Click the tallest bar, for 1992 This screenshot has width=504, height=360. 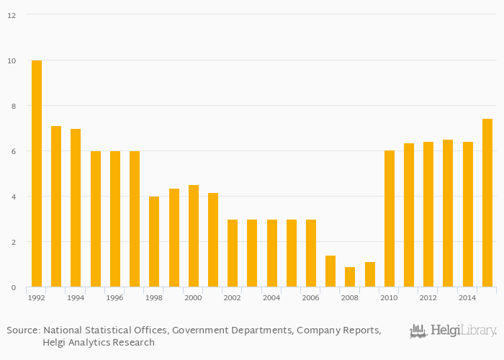coord(37,174)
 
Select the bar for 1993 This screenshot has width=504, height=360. coord(56,207)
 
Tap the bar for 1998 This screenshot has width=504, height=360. coord(154,242)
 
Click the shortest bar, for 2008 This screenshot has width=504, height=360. coord(350,277)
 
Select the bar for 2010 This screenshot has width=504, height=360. coord(390,219)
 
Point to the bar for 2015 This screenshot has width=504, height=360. coord(487,203)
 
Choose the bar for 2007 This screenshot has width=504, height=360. coord(330,271)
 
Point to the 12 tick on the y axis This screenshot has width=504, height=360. coord(12,15)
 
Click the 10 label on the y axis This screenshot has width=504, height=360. coord(12,60)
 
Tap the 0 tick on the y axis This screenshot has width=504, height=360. coord(14,288)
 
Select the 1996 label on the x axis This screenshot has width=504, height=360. coord(114,297)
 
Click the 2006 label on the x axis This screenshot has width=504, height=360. coord(310,297)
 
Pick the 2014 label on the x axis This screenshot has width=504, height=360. coord(467,297)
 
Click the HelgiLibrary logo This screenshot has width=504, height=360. coord(453,331)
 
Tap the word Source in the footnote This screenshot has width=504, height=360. coord(22,330)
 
